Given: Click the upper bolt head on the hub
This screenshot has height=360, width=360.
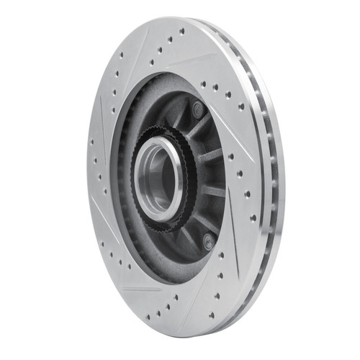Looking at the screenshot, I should tap(197, 109).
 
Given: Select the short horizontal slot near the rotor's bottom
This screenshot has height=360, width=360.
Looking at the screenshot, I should tap(140, 289).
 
